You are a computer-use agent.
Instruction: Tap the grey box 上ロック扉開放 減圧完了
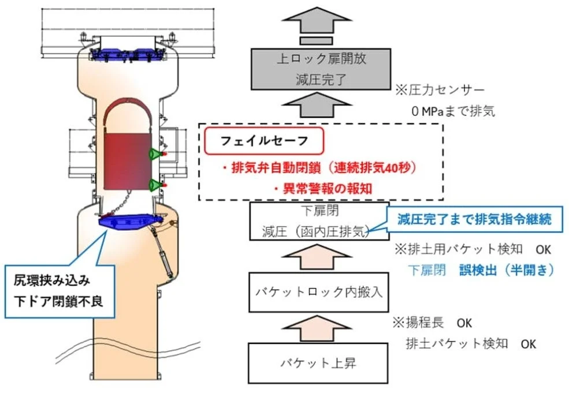(x=317, y=70)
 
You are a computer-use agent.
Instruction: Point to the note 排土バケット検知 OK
(x=471, y=343)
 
